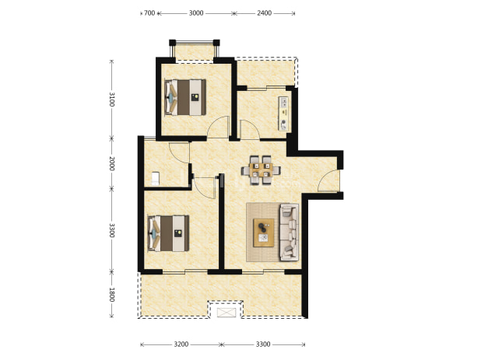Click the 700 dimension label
pos(149,13)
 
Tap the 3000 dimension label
pos(196,13)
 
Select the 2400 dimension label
pos(264,13)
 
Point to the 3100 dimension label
pos(111,99)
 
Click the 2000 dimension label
pos(111,163)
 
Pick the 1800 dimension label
pos(111,295)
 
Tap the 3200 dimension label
pos(181,344)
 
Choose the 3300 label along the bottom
pos(263,344)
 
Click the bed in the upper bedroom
pos(185,97)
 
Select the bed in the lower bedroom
pos(168,233)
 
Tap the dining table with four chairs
pos(261,170)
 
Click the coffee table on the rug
pos(264,232)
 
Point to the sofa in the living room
pos(289,232)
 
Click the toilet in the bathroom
pos(155,179)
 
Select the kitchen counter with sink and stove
pos(283,114)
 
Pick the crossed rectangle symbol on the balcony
pos(226,313)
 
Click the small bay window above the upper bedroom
pos(195,51)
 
